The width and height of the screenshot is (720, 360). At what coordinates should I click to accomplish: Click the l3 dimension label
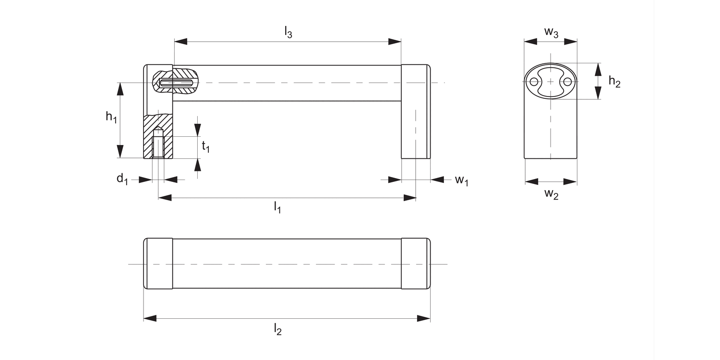click(288, 33)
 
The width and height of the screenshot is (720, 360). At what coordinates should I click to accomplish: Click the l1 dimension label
click(277, 207)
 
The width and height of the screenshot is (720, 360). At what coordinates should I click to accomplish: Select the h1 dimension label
click(111, 117)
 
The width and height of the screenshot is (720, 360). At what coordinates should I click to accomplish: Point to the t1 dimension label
click(205, 146)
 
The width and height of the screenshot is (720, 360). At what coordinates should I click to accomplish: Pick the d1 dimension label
click(122, 180)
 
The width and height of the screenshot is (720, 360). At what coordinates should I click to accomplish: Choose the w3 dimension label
click(551, 33)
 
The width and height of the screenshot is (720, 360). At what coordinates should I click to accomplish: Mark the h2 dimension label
click(614, 82)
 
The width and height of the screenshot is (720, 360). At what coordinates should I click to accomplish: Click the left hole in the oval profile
click(534, 82)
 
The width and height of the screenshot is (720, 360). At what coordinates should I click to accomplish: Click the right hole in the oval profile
click(567, 82)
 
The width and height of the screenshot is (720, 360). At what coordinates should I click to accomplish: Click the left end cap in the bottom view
click(158, 264)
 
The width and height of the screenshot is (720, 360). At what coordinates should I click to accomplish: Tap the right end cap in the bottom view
click(415, 264)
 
